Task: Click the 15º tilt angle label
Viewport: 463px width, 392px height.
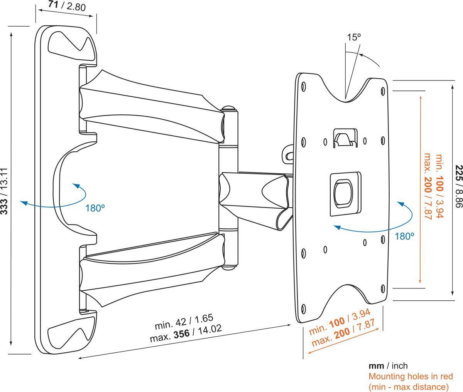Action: coord(353,37)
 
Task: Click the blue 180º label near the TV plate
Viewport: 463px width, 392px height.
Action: coord(404,236)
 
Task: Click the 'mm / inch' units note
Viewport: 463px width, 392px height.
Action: coord(388,366)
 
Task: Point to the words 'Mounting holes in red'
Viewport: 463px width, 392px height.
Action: coord(411,376)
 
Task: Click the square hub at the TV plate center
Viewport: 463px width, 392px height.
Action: coord(345,193)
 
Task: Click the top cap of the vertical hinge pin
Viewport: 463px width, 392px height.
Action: coord(228,108)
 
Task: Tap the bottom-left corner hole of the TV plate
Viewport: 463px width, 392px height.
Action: coord(302,308)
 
